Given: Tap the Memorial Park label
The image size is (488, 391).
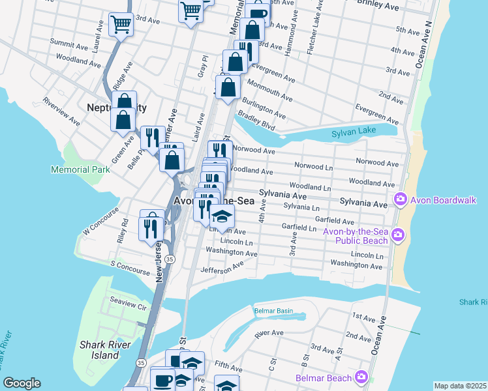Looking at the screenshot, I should click(x=81, y=169).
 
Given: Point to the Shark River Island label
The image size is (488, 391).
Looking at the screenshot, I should click(x=105, y=350).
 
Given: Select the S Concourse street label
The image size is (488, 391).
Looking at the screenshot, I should click(x=130, y=265).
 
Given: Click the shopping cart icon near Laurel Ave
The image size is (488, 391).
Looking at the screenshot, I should click(x=121, y=25).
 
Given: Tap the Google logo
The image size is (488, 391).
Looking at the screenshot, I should click(x=22, y=383).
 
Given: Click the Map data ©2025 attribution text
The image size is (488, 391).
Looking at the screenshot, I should click(x=459, y=386).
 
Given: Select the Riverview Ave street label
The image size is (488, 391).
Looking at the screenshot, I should click(x=61, y=112).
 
